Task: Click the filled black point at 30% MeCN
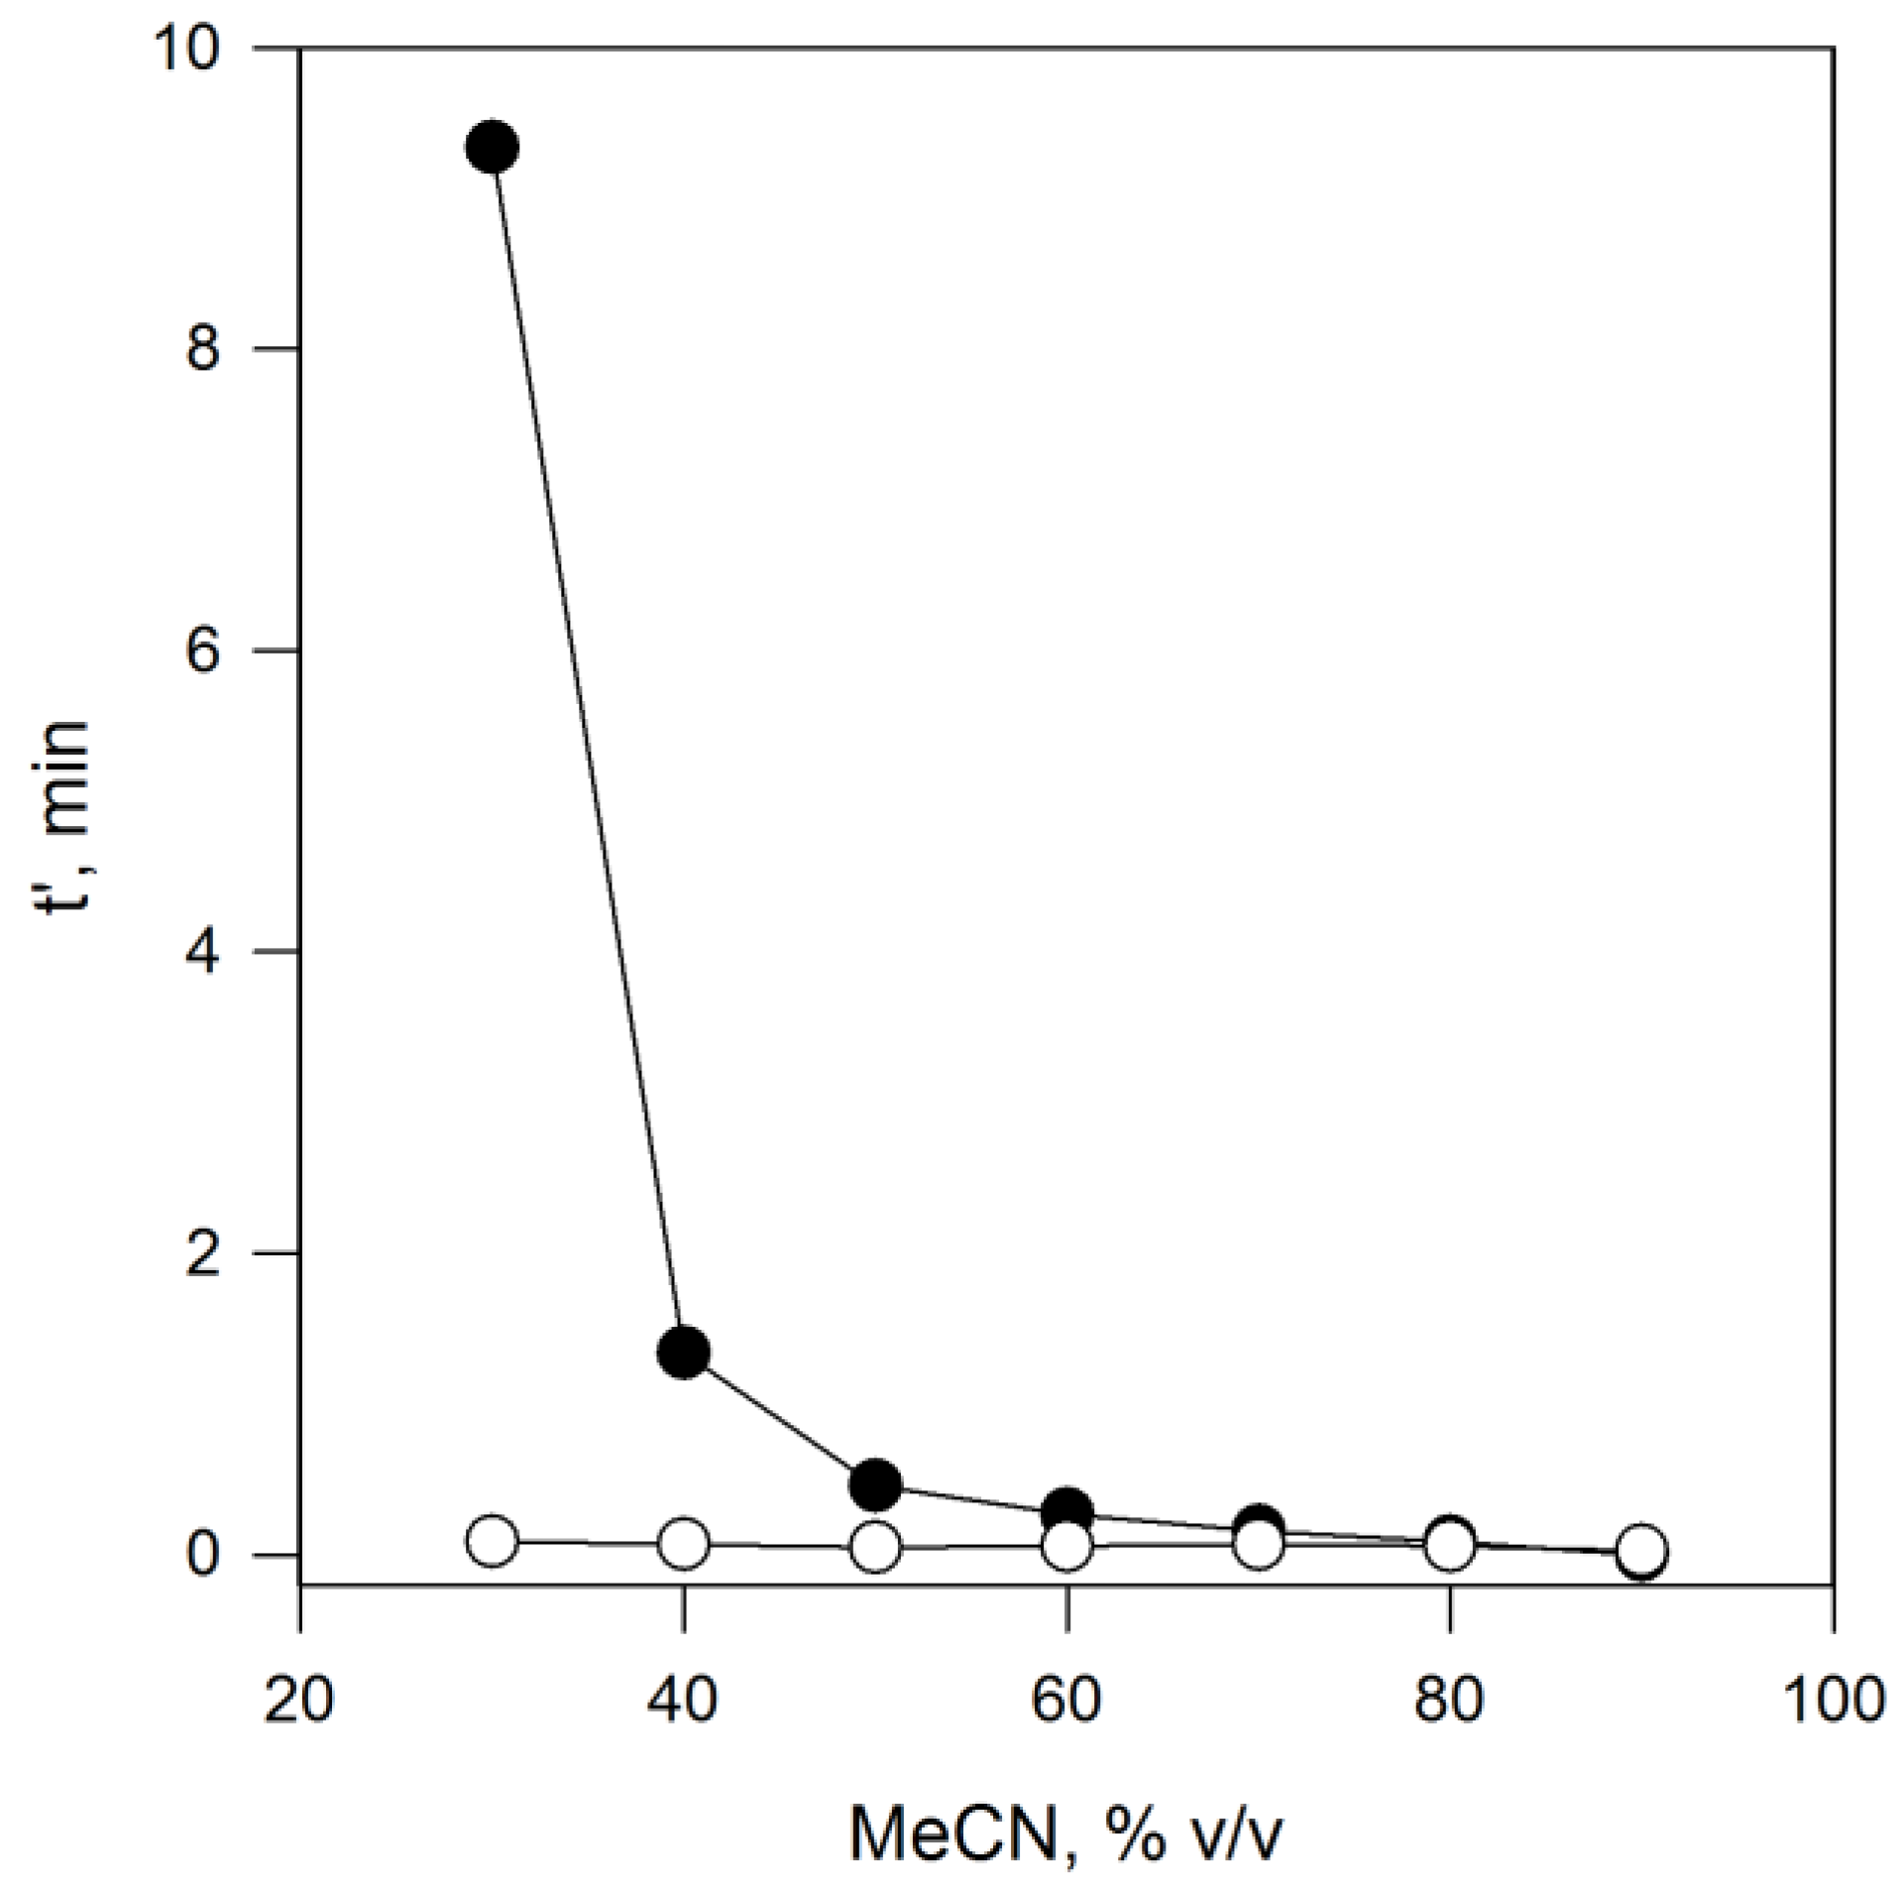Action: click(x=492, y=148)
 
